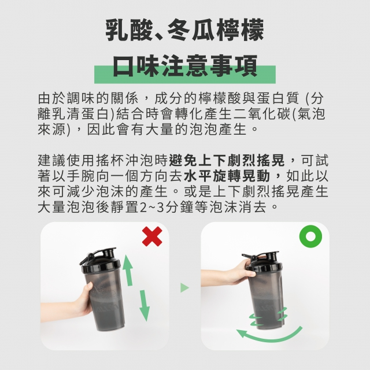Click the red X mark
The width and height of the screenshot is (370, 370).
(x=152, y=236)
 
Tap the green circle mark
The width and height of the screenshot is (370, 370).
(x=310, y=236)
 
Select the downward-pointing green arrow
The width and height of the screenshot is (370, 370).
(x=144, y=306)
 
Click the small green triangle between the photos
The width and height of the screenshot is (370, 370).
(x=184, y=288)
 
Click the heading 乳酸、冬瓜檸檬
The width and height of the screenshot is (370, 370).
(x=185, y=31)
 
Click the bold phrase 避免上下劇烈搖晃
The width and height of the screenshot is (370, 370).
(x=227, y=161)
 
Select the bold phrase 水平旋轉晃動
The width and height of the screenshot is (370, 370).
(x=227, y=176)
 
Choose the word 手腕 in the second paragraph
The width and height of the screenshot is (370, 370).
(x=81, y=176)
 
